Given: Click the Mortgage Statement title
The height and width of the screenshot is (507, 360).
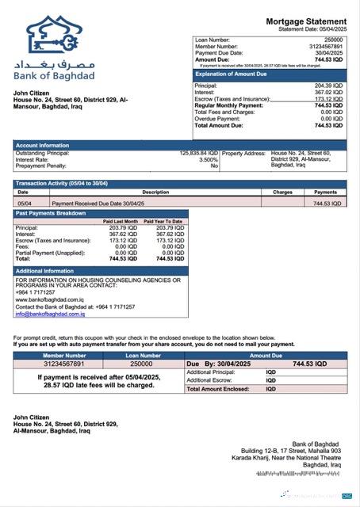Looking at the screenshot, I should click(x=305, y=21).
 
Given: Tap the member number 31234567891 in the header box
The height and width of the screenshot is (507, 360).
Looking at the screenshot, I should click(x=325, y=46).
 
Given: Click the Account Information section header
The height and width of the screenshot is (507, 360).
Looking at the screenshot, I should click(x=42, y=146).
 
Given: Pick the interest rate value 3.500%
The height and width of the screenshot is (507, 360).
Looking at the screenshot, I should click(x=208, y=159).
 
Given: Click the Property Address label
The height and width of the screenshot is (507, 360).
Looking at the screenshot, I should click(x=243, y=153).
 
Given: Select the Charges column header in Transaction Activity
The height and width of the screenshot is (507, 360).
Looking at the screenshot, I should click(x=283, y=192).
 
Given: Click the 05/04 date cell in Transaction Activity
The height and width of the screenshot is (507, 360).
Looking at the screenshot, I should click(x=25, y=204).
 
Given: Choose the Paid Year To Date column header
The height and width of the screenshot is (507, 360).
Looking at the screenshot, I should click(x=163, y=221).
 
